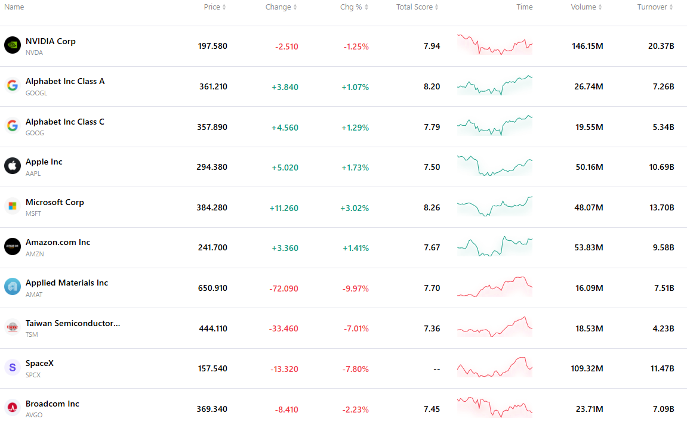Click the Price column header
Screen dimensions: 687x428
click(x=212, y=7)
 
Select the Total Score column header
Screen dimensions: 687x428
click(x=414, y=7)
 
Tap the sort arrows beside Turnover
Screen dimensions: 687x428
click(x=671, y=7)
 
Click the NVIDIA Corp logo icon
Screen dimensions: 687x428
click(x=13, y=45)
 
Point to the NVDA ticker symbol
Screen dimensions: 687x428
click(x=34, y=52)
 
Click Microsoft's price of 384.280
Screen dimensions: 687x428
click(x=212, y=207)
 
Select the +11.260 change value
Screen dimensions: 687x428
click(x=284, y=208)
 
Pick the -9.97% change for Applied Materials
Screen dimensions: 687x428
click(x=356, y=289)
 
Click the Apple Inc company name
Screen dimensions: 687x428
click(x=44, y=162)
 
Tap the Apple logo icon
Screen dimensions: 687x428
click(x=13, y=166)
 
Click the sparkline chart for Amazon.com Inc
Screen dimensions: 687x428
click(x=495, y=246)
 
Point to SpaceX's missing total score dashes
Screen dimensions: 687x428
click(x=437, y=369)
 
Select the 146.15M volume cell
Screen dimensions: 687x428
click(x=587, y=46)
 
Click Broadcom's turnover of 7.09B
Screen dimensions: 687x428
click(x=663, y=409)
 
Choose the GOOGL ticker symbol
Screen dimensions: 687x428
click(x=36, y=93)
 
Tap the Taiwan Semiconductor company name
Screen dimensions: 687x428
click(x=73, y=324)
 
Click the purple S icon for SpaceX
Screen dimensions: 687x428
click(x=13, y=367)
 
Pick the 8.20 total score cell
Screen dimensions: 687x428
click(x=432, y=86)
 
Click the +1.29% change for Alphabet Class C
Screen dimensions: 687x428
click(x=355, y=128)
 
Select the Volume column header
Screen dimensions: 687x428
click(x=583, y=7)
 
